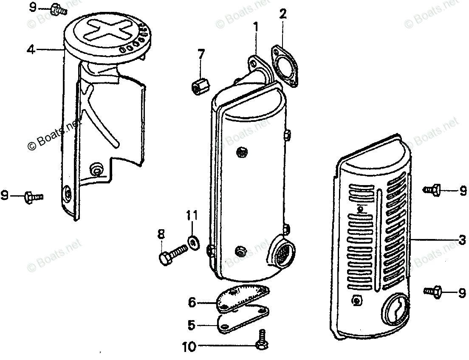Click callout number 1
tap(256, 28)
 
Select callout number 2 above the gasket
tap(283, 14)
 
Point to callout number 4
tap(30, 50)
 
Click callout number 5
tap(191, 326)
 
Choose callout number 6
tap(192, 303)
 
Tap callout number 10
tap(189, 347)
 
